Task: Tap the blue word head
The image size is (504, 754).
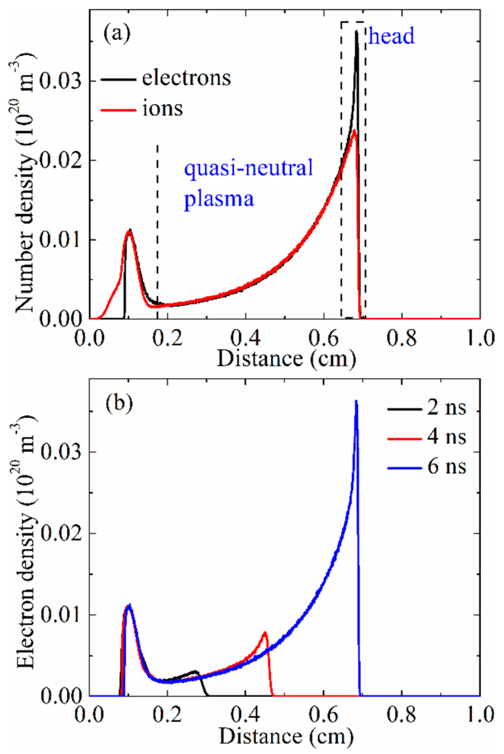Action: (x=391, y=36)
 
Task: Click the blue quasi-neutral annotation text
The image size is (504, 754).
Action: (x=249, y=168)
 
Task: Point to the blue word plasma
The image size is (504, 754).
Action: (x=219, y=199)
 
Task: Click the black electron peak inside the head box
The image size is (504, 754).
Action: (x=356, y=32)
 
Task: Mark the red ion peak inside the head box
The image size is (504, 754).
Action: (x=354, y=131)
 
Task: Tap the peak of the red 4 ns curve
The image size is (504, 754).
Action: (x=265, y=633)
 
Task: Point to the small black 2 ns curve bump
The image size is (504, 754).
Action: (x=195, y=672)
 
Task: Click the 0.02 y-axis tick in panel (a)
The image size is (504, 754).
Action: (x=61, y=160)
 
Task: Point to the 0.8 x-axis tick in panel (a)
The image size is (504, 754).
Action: (x=402, y=338)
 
